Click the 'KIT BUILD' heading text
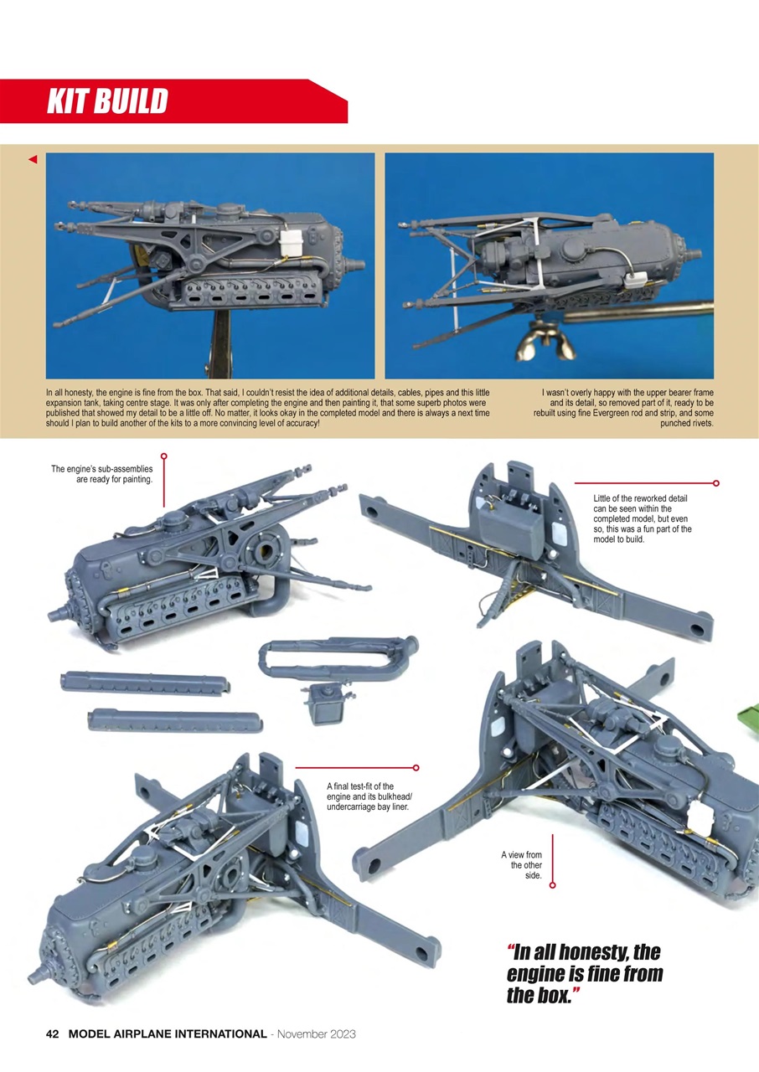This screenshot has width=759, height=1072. point(107,101)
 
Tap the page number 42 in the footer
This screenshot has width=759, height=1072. point(52,1034)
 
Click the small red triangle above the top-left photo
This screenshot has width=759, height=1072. point(33,159)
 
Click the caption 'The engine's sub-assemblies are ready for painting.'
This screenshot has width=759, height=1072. point(102,474)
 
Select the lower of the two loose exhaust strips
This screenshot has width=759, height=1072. point(174,719)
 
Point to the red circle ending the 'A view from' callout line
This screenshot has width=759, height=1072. point(553,884)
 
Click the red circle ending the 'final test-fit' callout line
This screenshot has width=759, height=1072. point(416,767)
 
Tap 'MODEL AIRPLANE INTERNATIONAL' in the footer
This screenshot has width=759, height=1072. point(167,1034)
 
